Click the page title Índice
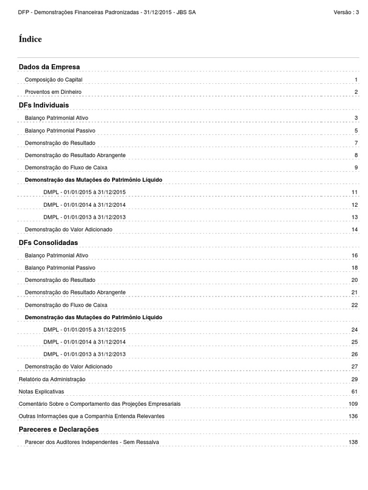(x=30, y=39)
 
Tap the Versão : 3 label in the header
(x=346, y=12)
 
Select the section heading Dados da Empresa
(x=49, y=67)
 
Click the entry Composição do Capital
(x=57, y=79)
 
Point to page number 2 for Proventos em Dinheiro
(x=356, y=92)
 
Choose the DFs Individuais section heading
(x=44, y=105)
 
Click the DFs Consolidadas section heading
(x=48, y=243)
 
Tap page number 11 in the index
(x=355, y=192)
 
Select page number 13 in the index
(x=355, y=217)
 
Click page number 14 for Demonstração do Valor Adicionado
(x=355, y=230)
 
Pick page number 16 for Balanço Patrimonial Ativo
(x=355, y=256)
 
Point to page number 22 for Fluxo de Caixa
(x=355, y=305)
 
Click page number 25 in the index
(x=355, y=342)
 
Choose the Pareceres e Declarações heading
(x=58, y=429)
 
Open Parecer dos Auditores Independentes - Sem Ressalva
(x=92, y=442)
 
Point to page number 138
(x=354, y=442)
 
